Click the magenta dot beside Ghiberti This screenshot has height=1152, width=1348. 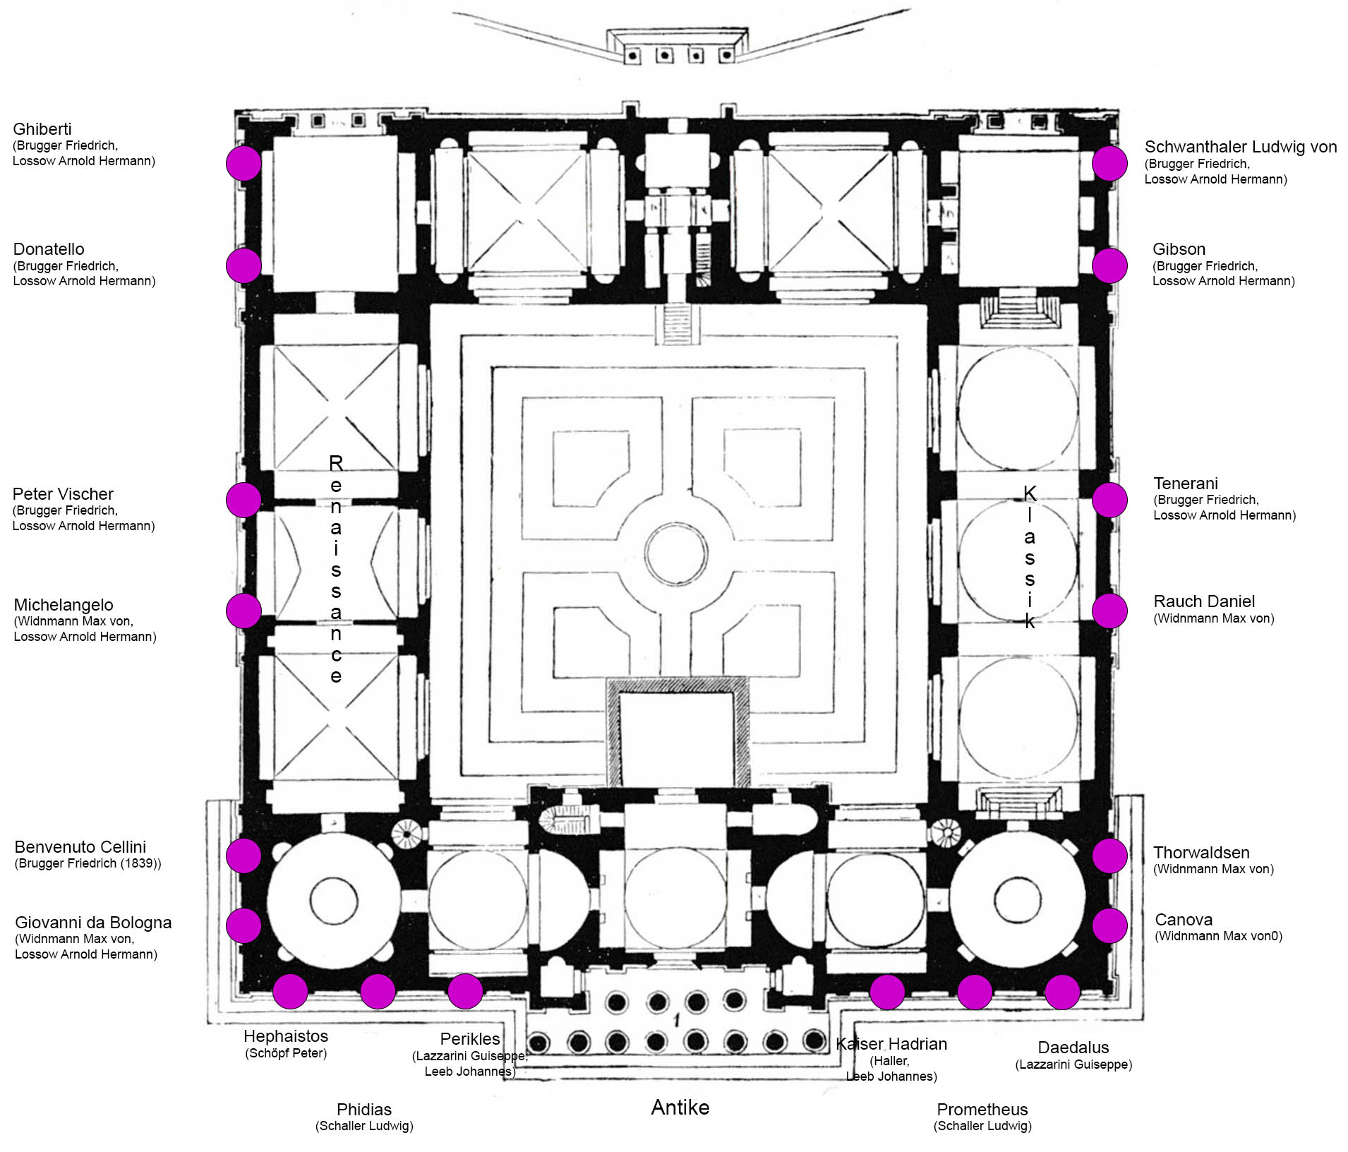click(x=243, y=163)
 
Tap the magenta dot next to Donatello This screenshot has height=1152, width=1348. click(x=243, y=265)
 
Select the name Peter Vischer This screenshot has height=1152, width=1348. click(x=63, y=494)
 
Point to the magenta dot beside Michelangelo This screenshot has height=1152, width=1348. click(x=243, y=611)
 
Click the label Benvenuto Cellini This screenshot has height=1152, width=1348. click(x=80, y=847)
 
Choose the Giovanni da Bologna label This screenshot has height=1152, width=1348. click(x=93, y=923)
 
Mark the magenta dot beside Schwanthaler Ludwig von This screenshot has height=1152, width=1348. click(x=1109, y=163)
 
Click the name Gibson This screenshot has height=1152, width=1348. click(x=1179, y=249)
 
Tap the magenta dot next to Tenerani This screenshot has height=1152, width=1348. click(x=1109, y=500)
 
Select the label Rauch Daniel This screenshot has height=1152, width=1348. click(x=1204, y=601)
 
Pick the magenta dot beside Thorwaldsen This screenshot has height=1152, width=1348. click(x=1109, y=856)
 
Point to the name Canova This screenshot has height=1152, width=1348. click(x=1184, y=920)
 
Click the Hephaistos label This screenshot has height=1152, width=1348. click(x=286, y=1036)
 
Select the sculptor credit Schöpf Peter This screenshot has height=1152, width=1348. click(x=286, y=1053)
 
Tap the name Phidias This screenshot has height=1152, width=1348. click(x=364, y=1110)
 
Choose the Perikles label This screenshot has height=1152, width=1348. click(x=470, y=1039)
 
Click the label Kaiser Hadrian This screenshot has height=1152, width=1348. click(x=891, y=1044)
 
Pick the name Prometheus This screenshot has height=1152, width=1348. click(x=982, y=1110)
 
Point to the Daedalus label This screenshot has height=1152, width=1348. click(x=1073, y=1048)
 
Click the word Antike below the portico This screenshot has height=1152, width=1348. click(x=680, y=1108)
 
